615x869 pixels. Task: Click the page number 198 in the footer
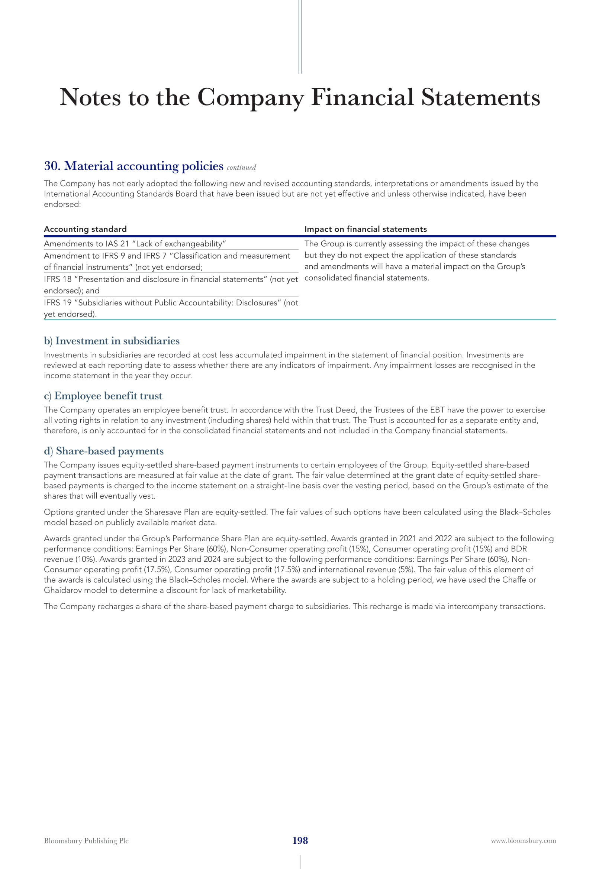(300, 840)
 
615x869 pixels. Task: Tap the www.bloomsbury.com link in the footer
(523, 841)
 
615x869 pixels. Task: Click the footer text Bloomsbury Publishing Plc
(86, 841)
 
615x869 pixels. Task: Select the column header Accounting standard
(85, 229)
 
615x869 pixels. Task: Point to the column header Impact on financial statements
(366, 229)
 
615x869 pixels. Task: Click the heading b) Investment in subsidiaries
(112, 341)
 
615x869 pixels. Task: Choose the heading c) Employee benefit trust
(103, 396)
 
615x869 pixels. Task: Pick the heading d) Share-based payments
(104, 451)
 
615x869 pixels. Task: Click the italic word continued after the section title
(241, 167)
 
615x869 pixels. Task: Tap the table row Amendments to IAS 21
(135, 244)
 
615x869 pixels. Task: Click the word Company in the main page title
(250, 98)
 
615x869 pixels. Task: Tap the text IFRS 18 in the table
(58, 279)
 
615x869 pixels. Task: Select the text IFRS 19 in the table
(58, 303)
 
